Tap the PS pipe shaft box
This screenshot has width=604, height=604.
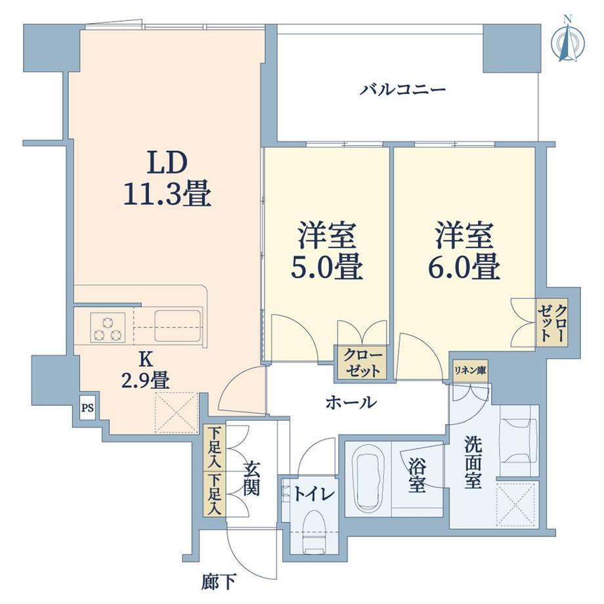[x=88, y=408]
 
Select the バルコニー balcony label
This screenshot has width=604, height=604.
[x=403, y=90]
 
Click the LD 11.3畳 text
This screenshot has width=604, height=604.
[x=167, y=179]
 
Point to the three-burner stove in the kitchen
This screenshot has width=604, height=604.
[x=108, y=328]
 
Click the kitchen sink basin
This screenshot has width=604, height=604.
[x=178, y=326]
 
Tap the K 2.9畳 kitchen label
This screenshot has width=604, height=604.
[x=144, y=371]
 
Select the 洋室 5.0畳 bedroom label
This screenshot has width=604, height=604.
[x=326, y=251]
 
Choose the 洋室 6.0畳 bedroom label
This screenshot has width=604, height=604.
[x=464, y=251]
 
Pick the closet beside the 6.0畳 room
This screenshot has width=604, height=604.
[x=552, y=322]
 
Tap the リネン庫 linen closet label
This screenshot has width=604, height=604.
[x=470, y=370]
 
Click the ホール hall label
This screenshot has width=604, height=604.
[x=351, y=403]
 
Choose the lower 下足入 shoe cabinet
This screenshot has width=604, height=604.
[x=215, y=494]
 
